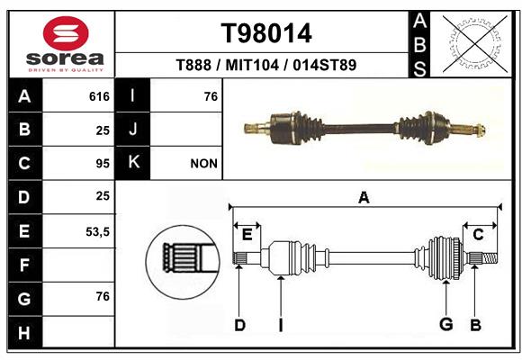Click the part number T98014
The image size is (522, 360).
266,33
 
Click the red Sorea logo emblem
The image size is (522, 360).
66,33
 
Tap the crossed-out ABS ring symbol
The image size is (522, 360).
475,43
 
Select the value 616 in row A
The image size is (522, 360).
99,96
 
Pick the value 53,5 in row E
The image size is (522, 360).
97,231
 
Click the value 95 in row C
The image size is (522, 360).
103,164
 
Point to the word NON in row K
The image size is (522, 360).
203,164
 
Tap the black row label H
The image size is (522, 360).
25,332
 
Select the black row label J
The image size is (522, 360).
132,130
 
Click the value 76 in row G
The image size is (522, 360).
103,296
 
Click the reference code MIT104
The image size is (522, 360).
252,65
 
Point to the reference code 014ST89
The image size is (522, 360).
325,65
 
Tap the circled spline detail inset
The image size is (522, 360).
183,262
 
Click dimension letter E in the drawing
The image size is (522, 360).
247,235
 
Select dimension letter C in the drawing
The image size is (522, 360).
478,235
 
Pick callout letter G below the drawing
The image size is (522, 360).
446,324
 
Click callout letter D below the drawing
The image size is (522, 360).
239,325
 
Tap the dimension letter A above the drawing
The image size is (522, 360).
364,197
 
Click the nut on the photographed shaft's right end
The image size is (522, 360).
481,130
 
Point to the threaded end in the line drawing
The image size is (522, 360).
489,257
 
